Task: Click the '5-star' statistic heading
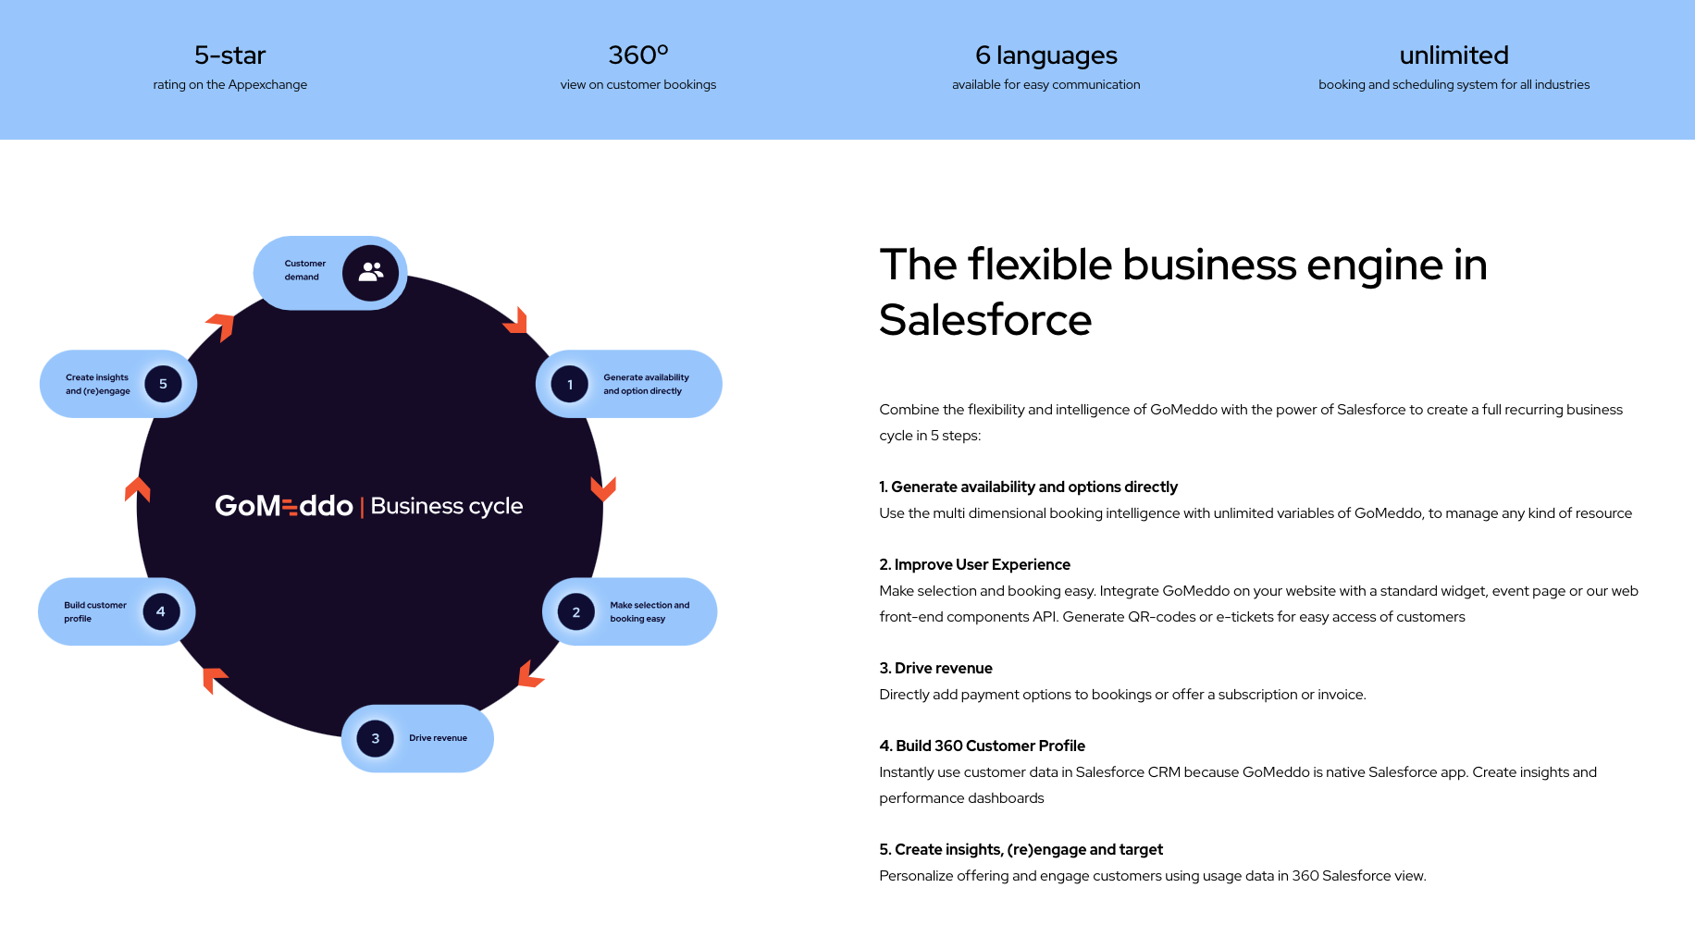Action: click(229, 55)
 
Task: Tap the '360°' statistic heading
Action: click(637, 55)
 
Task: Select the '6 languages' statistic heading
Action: click(1045, 55)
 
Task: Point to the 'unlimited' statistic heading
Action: click(1454, 55)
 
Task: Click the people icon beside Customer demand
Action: click(371, 272)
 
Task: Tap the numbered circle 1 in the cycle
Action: click(570, 385)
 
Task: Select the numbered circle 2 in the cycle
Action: click(575, 612)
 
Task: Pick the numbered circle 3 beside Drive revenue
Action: click(375, 738)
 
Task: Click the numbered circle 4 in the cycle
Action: click(161, 611)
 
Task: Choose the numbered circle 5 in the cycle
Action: click(163, 384)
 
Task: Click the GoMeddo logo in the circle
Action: click(284, 506)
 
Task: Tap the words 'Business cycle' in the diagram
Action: click(447, 506)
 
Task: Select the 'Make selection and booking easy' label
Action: click(650, 611)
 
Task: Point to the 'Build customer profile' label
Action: click(94, 611)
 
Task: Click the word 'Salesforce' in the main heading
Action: click(985, 320)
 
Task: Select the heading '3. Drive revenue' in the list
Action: click(935, 668)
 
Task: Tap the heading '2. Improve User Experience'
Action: click(974, 564)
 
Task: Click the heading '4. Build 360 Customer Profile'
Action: click(982, 746)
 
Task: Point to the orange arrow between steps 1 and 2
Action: click(603, 487)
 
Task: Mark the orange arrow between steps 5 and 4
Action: click(137, 488)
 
